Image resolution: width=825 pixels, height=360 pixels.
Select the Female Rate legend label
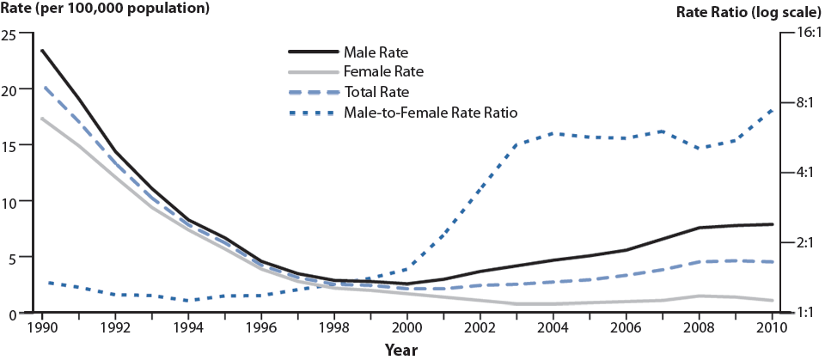382,71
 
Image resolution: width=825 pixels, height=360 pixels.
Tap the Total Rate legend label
376,92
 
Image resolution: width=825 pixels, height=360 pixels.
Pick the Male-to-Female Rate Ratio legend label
431,113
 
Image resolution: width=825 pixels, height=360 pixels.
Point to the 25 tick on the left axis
9,34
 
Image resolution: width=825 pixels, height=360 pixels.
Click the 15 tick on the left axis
9,145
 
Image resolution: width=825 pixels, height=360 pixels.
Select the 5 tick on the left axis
13,257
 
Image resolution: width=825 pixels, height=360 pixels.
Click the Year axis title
401,350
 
